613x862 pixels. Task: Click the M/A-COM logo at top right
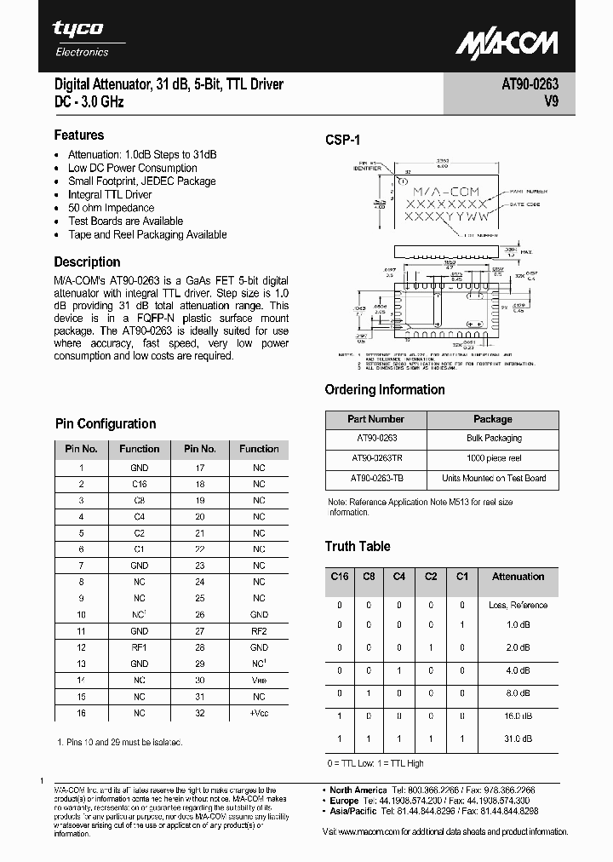(506, 43)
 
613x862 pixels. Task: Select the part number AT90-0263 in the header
(530, 84)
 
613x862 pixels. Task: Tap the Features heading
(79, 135)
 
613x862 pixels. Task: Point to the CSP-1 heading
(343, 141)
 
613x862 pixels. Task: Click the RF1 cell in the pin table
(140, 647)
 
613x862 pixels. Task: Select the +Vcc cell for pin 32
(259, 713)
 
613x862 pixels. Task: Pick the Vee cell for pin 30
(259, 680)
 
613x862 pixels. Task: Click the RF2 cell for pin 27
(259, 631)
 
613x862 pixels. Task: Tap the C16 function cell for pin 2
(140, 484)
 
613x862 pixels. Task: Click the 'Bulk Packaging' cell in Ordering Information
(494, 438)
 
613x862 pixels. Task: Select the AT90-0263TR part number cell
(376, 457)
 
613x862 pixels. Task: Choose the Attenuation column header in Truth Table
(518, 577)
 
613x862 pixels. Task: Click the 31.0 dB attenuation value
(518, 738)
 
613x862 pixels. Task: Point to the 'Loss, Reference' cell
(518, 606)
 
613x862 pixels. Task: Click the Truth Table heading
(358, 547)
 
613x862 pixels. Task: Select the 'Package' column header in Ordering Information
(493, 419)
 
